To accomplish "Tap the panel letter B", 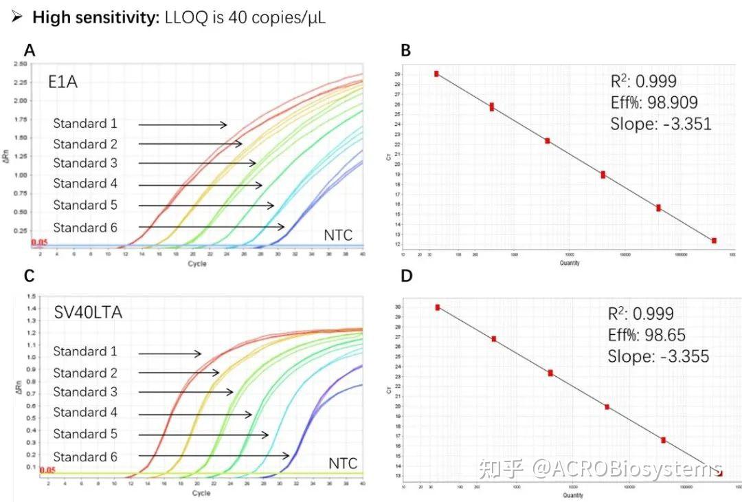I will [405, 50].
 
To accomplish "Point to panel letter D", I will [405, 276].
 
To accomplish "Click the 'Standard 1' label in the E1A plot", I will [85, 124].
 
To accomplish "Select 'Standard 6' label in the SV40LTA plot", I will [85, 457].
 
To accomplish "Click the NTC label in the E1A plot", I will [339, 236].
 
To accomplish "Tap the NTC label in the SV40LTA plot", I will [342, 464].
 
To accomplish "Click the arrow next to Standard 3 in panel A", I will [197, 164].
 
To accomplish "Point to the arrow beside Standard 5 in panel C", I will [203, 435].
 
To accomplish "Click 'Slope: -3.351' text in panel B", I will [660, 124].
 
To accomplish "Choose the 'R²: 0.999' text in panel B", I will [643, 81].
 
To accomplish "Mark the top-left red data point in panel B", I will [436, 74].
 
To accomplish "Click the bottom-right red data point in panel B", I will [714, 241].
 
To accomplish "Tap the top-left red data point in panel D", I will [438, 307].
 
